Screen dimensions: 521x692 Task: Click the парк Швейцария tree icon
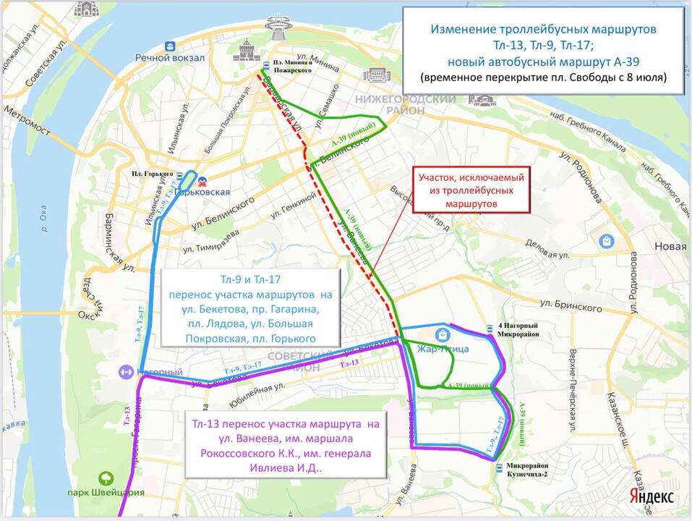tap(106, 478)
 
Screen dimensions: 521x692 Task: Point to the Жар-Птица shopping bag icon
tap(441, 334)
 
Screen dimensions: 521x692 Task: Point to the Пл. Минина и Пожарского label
tap(292, 67)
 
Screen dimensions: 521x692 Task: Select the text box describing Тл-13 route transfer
tap(286, 445)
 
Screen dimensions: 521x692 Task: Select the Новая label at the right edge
tap(670, 246)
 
